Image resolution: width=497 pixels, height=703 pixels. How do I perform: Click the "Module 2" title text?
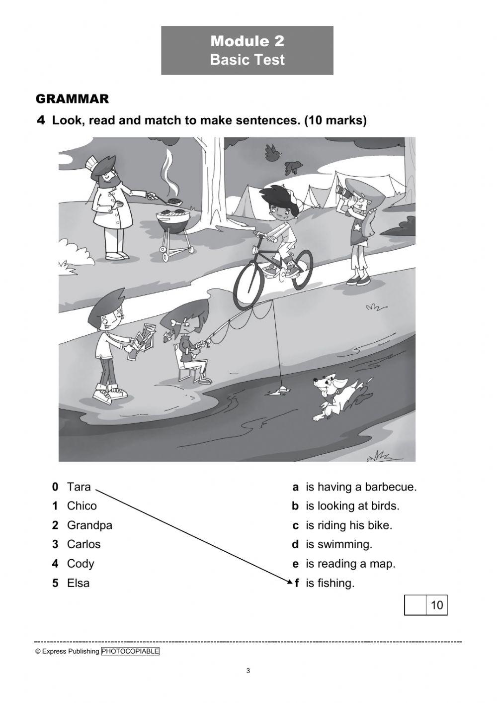point(247,41)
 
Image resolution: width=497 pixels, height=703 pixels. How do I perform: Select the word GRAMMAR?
point(72,99)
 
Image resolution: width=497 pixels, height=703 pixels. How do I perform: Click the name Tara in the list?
point(79,487)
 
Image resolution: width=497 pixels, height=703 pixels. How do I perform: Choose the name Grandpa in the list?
point(89,525)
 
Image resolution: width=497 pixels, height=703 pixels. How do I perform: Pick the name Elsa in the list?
point(78,583)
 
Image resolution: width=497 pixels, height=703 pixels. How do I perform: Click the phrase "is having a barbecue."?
point(361,487)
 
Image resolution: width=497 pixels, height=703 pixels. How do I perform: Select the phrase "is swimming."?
point(338,544)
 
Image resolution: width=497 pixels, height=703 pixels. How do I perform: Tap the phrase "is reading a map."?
point(350,564)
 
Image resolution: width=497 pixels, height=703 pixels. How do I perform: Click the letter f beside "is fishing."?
point(297,583)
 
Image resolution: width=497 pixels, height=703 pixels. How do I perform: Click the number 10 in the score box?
point(436,605)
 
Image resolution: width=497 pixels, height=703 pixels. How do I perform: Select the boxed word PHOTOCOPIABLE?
point(130,651)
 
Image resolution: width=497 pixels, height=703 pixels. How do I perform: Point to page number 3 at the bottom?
point(248,671)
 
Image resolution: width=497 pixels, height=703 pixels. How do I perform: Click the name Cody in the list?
point(80,564)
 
